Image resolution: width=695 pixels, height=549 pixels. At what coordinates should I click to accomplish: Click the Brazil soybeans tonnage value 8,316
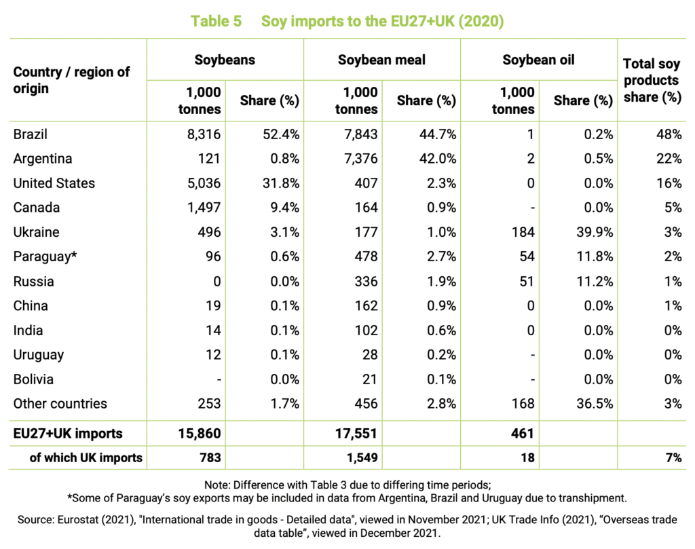[204, 134]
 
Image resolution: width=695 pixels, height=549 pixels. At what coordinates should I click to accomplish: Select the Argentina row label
[43, 159]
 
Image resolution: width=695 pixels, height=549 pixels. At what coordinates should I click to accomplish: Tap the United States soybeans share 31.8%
[281, 183]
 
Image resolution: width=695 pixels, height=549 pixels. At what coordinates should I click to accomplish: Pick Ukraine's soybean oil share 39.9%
[595, 232]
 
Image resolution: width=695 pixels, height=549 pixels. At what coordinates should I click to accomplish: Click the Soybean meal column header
[381, 60]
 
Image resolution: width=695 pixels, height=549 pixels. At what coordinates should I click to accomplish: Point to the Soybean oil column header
[538, 60]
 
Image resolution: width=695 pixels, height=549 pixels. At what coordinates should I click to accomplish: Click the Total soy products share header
[652, 80]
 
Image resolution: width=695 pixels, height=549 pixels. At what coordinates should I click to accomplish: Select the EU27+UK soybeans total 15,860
[200, 434]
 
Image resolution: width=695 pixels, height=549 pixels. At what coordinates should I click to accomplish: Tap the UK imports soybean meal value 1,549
[362, 457]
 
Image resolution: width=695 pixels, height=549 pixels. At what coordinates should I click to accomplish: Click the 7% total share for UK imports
[674, 457]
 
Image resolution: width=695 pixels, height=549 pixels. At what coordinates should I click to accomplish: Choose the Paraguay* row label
[45, 257]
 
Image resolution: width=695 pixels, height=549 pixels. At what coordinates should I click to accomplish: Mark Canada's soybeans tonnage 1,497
[204, 208]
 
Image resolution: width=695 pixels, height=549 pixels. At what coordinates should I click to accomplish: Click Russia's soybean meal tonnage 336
[366, 282]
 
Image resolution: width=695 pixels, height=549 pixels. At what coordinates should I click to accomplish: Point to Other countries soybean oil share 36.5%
[595, 404]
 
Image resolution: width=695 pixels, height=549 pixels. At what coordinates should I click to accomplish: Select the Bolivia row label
[33, 379]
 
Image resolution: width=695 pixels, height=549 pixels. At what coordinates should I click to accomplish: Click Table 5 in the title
[217, 21]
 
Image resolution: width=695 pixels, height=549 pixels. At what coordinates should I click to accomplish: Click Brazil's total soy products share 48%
[669, 134]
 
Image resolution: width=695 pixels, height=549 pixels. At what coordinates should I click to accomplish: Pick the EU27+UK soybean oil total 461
[523, 434]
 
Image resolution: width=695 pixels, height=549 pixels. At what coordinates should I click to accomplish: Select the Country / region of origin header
[71, 80]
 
